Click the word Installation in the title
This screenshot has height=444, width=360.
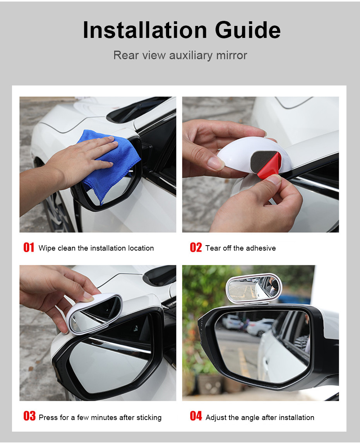pos(144,30)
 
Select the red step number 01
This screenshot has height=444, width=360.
pos(29,248)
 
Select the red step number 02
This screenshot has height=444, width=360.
pos(196,248)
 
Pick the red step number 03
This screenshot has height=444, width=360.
pos(29,417)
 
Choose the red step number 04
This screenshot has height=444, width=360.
pos(196,417)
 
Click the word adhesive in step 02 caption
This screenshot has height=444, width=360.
pos(261,248)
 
